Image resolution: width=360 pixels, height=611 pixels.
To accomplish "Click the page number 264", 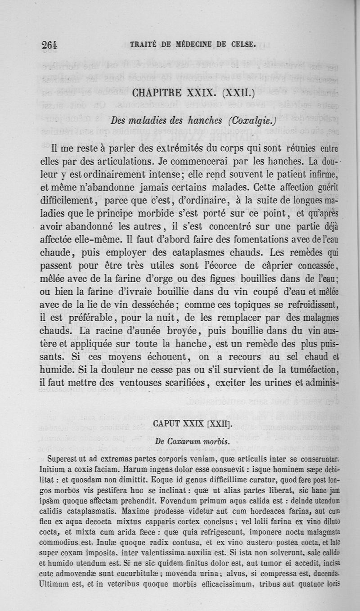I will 50,45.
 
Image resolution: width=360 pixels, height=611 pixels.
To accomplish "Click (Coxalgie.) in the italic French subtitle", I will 251,121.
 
